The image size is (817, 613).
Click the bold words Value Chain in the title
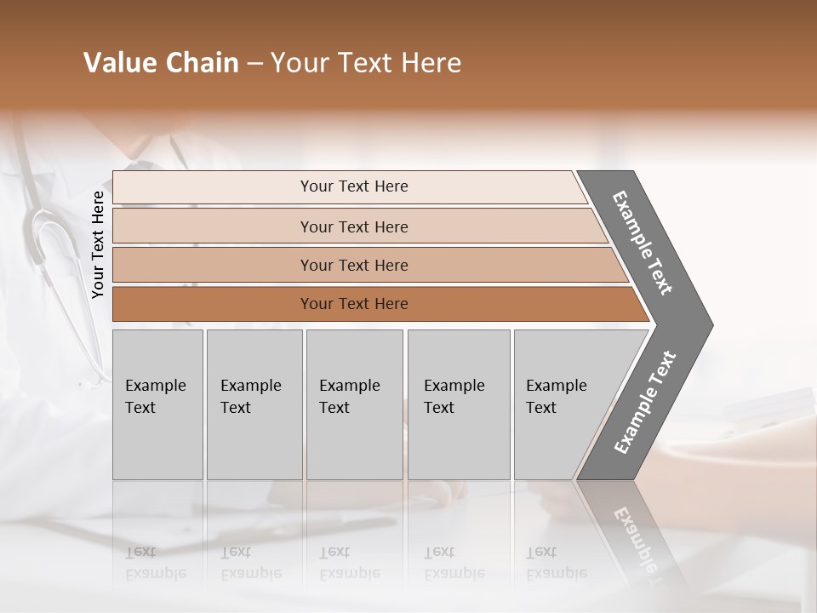[x=161, y=63]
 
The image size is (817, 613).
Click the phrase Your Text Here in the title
[x=366, y=63]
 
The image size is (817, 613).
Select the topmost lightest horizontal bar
[x=353, y=186]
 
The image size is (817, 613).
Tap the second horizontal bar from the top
[x=353, y=226]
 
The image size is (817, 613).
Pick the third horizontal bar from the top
[x=353, y=265]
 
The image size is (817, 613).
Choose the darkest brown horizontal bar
[x=353, y=304]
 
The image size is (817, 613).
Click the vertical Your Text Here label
[x=98, y=244]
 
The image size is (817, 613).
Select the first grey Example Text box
[x=157, y=404]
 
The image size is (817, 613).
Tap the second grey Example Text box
[x=254, y=404]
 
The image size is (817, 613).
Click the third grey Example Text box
[x=354, y=404]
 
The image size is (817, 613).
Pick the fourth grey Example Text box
[x=458, y=404]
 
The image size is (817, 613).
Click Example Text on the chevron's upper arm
[x=643, y=243]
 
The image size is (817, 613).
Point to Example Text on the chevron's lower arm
[x=645, y=403]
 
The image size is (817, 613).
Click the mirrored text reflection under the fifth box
[x=556, y=563]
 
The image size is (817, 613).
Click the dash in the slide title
[x=254, y=64]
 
